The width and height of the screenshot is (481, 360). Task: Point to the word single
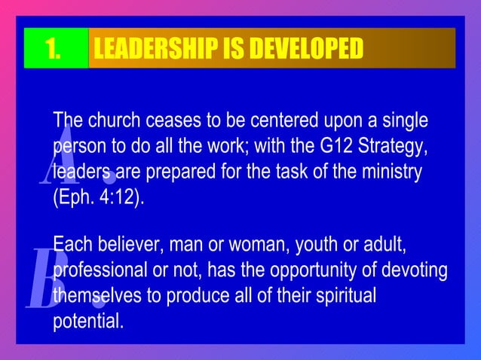403,121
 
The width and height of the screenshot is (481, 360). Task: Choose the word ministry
394,172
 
